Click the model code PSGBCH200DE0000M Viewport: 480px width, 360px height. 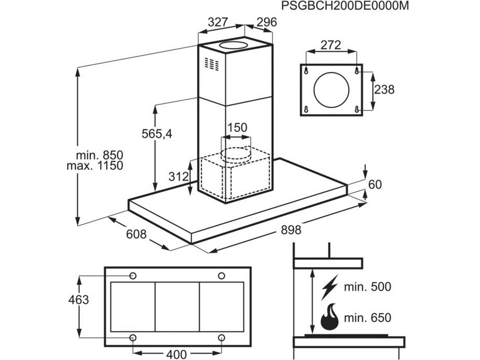[x=345, y=6]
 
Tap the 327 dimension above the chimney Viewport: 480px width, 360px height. [x=218, y=22]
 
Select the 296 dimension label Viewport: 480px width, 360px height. [x=266, y=22]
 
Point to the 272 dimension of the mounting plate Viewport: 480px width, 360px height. [x=331, y=45]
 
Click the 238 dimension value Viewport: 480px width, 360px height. [x=384, y=89]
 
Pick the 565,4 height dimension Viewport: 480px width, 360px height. [x=157, y=133]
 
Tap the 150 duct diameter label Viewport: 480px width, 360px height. [x=237, y=127]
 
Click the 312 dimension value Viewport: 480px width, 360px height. [x=178, y=176]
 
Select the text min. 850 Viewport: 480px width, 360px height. [x=99, y=155]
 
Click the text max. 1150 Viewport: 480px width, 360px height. [x=95, y=166]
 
